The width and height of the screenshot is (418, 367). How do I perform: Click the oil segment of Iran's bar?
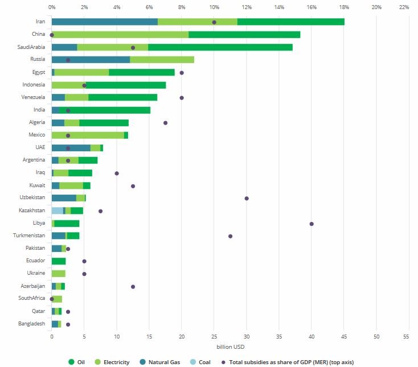tap(290, 22)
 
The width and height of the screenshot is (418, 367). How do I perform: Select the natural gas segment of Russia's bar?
tap(91, 60)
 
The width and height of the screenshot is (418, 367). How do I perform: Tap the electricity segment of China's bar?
tap(120, 35)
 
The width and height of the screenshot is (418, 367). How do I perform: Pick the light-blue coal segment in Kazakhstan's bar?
tap(57, 211)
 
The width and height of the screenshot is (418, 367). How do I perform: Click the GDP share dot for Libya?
tap(312, 224)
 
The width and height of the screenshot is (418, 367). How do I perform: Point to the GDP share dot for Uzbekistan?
tap(247, 198)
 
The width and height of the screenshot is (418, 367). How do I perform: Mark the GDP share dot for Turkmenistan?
tap(231, 236)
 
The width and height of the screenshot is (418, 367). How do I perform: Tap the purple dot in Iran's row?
tap(214, 22)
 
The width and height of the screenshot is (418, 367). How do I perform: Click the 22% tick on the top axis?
tap(404, 7)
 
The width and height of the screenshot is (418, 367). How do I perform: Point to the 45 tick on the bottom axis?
tap(344, 337)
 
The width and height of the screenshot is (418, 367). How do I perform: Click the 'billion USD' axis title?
tap(230, 347)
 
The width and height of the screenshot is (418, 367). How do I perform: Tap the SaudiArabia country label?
tap(31, 47)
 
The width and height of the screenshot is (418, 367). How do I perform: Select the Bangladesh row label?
tap(32, 324)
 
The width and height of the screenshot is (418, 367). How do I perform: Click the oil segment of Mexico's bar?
tap(126, 135)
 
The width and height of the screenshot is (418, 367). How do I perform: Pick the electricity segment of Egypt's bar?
tap(81, 72)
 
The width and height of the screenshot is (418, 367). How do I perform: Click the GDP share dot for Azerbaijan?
tap(133, 286)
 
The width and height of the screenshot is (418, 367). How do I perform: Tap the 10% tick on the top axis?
tap(214, 7)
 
